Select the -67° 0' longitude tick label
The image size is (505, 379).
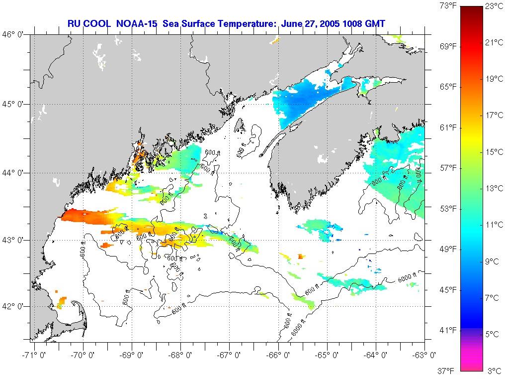pyautogui.click(x=230, y=356)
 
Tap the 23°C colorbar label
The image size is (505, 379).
pyautogui.click(x=494, y=6)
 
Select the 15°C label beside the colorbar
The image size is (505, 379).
pyautogui.click(x=494, y=152)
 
